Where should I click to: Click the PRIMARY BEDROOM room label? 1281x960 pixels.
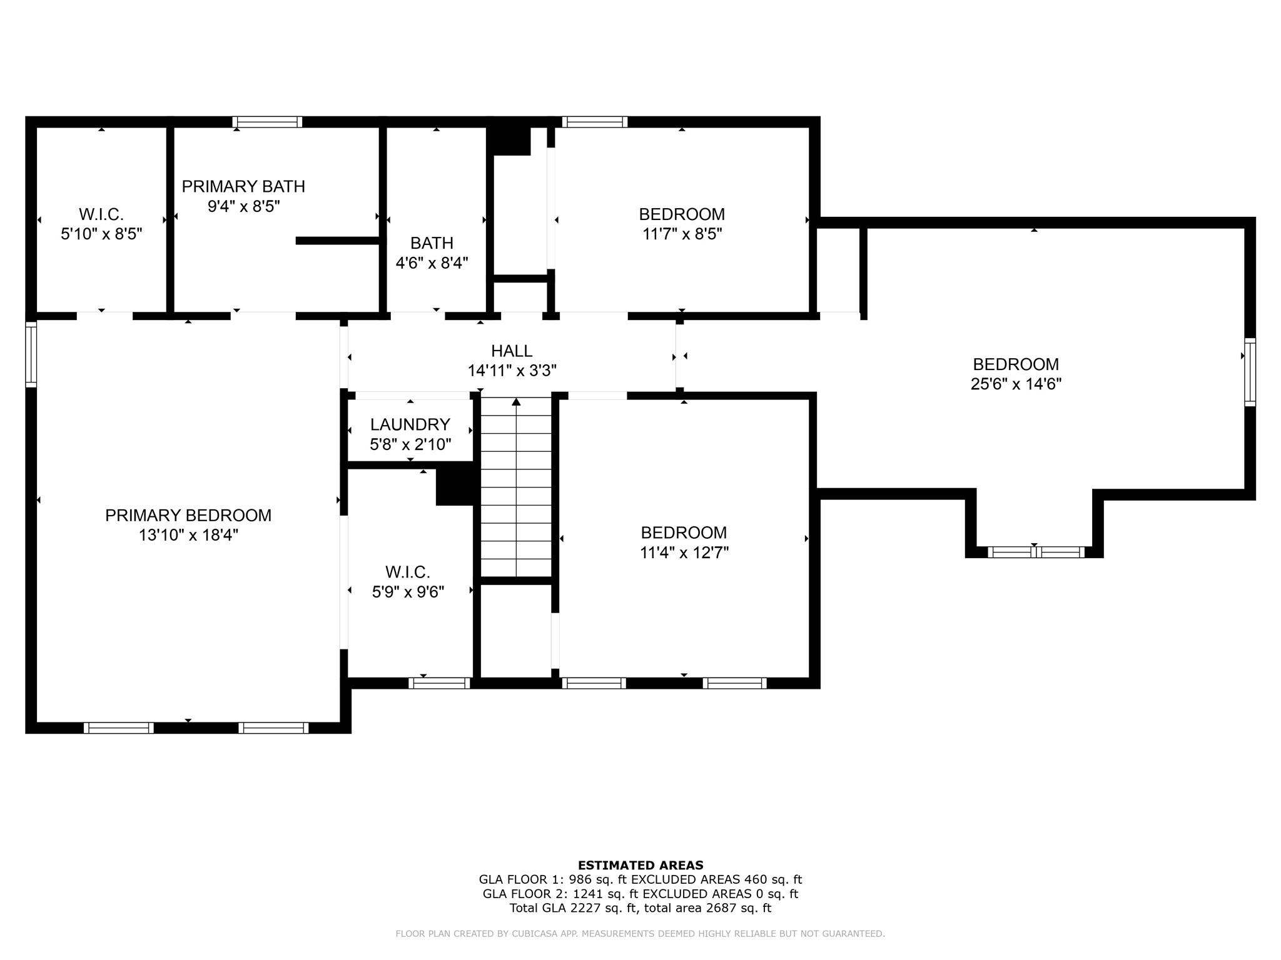(x=188, y=516)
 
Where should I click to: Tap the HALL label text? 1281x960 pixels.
(x=512, y=351)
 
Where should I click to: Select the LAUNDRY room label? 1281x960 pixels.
(x=410, y=424)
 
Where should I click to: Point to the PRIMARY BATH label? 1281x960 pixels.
(x=243, y=186)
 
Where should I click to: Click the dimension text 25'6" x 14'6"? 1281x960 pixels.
(x=1016, y=384)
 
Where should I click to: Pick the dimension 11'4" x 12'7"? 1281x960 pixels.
(x=684, y=552)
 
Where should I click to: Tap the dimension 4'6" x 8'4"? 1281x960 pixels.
(x=432, y=262)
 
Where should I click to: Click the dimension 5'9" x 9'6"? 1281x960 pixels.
(x=408, y=592)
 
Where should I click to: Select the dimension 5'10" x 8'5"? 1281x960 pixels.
(x=101, y=234)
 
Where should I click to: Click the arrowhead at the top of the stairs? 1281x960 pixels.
(x=516, y=401)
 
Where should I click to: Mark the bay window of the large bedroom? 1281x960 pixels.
(x=1035, y=552)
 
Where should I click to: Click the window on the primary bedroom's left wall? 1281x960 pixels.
(x=31, y=354)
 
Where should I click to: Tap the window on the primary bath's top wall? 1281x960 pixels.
(x=267, y=122)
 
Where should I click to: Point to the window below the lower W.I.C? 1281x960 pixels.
(x=439, y=683)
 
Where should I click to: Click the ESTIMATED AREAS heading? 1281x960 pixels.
(x=640, y=865)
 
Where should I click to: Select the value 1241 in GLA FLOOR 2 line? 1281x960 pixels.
(x=585, y=894)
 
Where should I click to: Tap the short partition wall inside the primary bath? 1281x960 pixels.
(x=338, y=241)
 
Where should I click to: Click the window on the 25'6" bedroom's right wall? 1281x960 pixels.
(x=1250, y=372)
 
